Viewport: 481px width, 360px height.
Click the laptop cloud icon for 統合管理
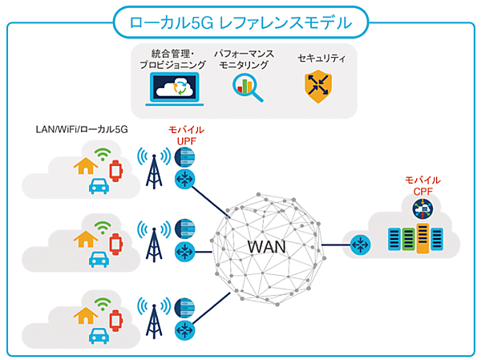tap(176, 87)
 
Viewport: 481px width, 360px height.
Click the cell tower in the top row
tap(152, 168)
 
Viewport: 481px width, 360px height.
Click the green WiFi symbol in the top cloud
tap(102, 156)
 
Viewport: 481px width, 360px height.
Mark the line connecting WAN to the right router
tap(335, 243)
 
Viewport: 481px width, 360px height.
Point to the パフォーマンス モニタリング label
tap(244, 59)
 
